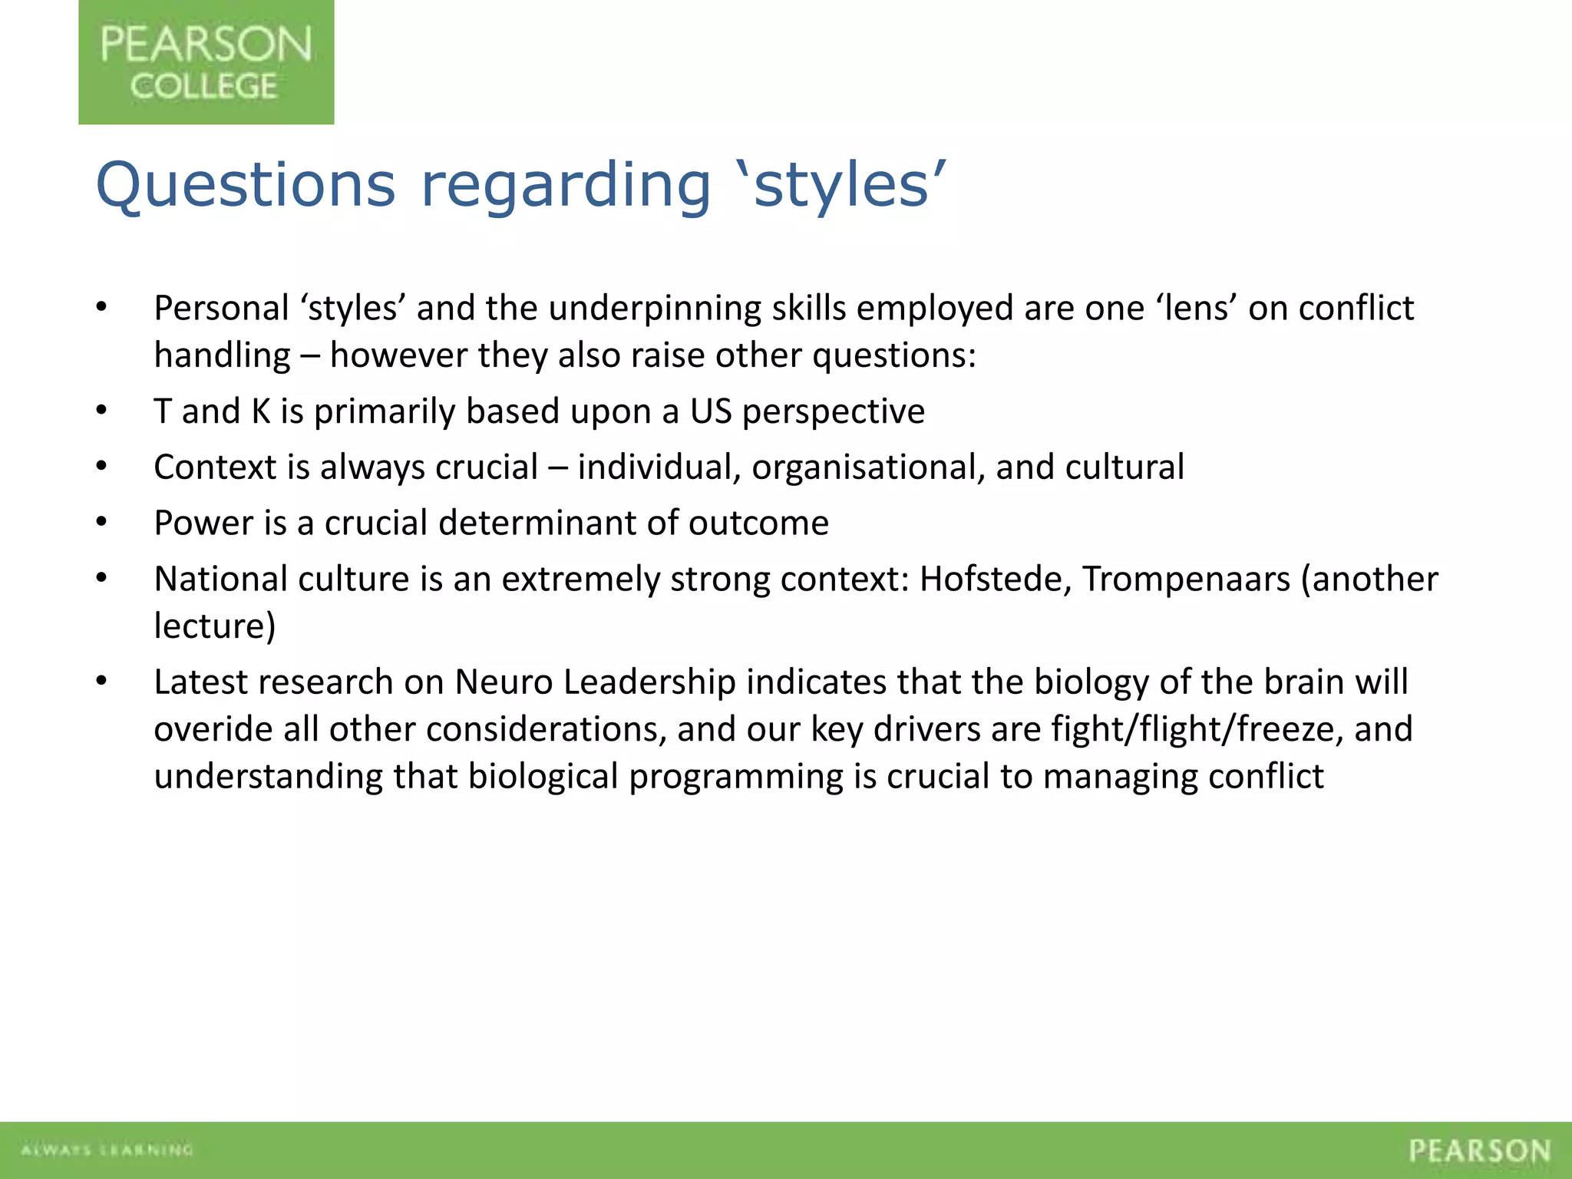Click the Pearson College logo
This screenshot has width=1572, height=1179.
[206, 62]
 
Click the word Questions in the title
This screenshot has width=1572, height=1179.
[246, 186]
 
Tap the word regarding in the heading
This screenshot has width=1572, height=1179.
[566, 186]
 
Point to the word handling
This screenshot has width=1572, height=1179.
[222, 355]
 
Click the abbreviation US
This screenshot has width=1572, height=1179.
[711, 411]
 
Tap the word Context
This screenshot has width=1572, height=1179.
[214, 467]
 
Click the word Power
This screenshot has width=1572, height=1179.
[203, 523]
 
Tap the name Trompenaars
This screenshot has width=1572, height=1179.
[1186, 580]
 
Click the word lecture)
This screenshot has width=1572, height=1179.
[214, 626]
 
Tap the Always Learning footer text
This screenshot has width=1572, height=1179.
[107, 1150]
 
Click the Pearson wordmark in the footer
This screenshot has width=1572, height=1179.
[1479, 1151]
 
